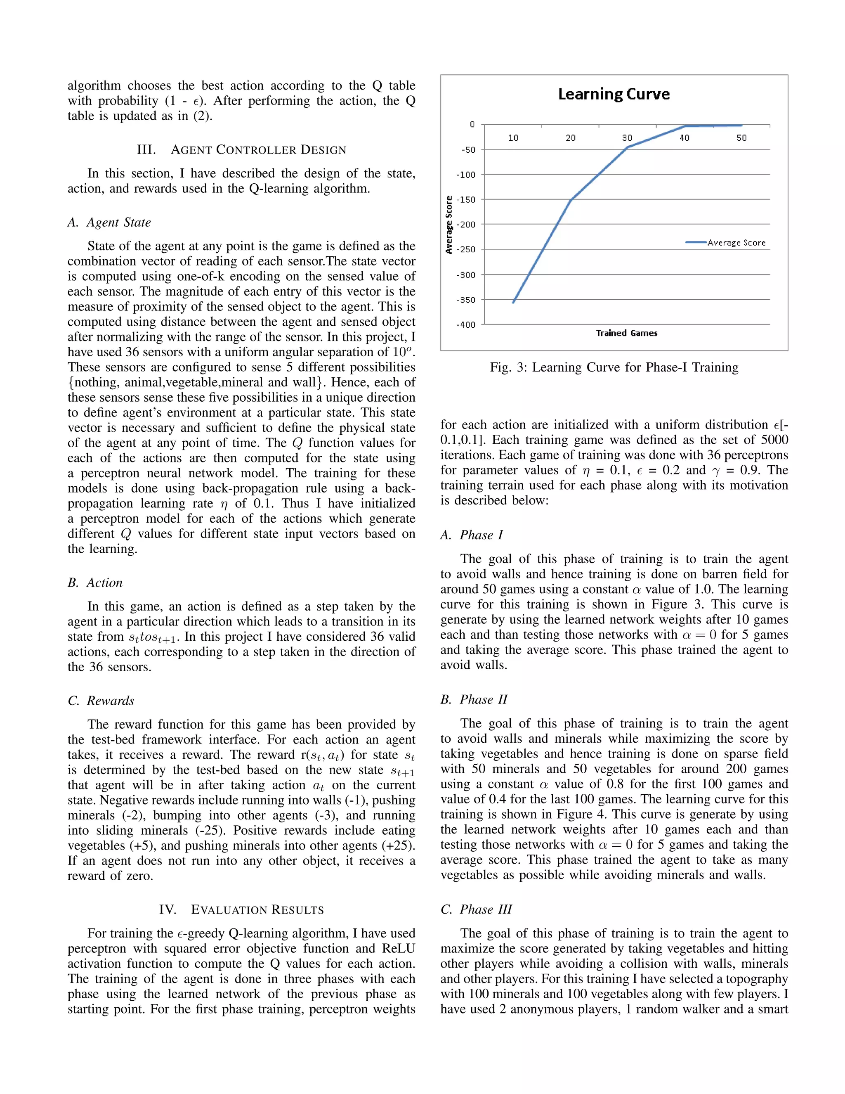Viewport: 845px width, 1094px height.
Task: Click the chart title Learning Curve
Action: coord(614,94)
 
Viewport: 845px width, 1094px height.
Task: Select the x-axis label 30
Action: coord(627,138)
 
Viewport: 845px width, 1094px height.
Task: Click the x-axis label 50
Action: coord(741,138)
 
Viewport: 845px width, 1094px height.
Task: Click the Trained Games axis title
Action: coord(626,334)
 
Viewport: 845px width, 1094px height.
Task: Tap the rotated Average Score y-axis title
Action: coord(449,225)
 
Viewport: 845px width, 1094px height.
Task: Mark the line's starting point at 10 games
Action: coord(513,303)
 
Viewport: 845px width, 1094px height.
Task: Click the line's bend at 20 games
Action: coord(571,200)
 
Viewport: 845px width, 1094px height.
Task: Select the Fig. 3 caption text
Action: coord(614,368)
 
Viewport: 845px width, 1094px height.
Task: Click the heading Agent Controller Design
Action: coord(242,150)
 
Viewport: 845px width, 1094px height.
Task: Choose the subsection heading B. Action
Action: coord(95,583)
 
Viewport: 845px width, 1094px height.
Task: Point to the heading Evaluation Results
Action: coord(242,909)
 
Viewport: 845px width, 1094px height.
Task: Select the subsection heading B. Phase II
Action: coord(474,699)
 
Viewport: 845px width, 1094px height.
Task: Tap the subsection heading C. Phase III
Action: coord(476,909)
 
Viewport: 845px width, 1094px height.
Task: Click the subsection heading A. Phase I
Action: coord(472,535)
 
